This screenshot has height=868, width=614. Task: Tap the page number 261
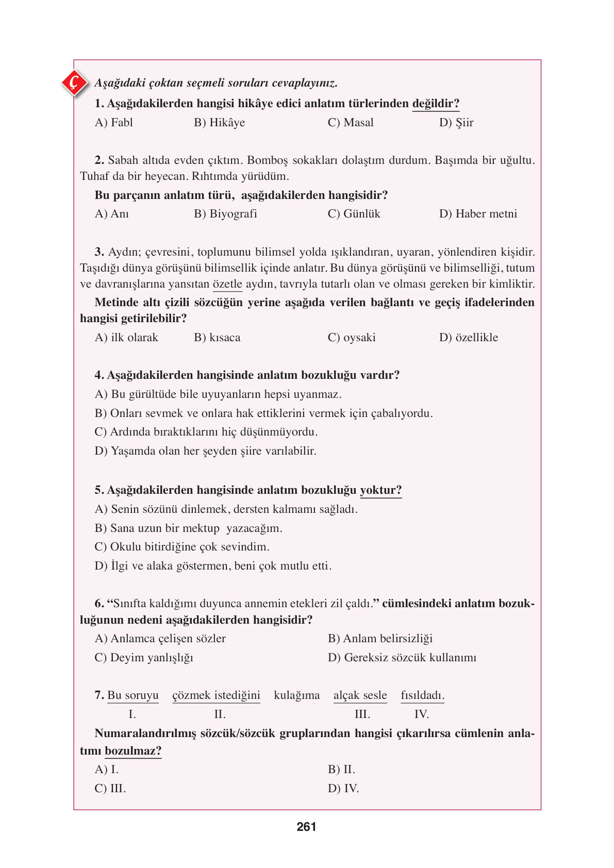[306, 827]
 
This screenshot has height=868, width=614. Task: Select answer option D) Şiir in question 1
[456, 123]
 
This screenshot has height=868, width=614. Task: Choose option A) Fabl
[114, 123]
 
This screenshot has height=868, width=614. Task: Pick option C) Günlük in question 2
[354, 214]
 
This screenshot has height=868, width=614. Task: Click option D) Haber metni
[477, 214]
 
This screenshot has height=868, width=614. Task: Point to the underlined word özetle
[227, 284]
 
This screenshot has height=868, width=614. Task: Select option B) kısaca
[217, 338]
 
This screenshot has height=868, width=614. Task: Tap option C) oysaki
[352, 338]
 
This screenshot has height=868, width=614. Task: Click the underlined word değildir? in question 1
[436, 104]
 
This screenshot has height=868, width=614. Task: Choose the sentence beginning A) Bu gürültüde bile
[218, 394]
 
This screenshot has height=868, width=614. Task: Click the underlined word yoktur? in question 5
[380, 490]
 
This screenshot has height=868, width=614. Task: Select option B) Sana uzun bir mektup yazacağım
[188, 528]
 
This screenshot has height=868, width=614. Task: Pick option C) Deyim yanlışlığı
[144, 658]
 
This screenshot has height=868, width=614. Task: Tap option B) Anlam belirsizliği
[380, 639]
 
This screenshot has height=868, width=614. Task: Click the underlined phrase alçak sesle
[360, 695]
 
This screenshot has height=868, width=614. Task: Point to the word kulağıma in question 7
[296, 695]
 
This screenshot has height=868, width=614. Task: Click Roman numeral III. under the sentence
[362, 714]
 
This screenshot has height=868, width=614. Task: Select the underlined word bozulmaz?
[133, 751]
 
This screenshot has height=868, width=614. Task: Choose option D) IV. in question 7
[343, 789]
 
